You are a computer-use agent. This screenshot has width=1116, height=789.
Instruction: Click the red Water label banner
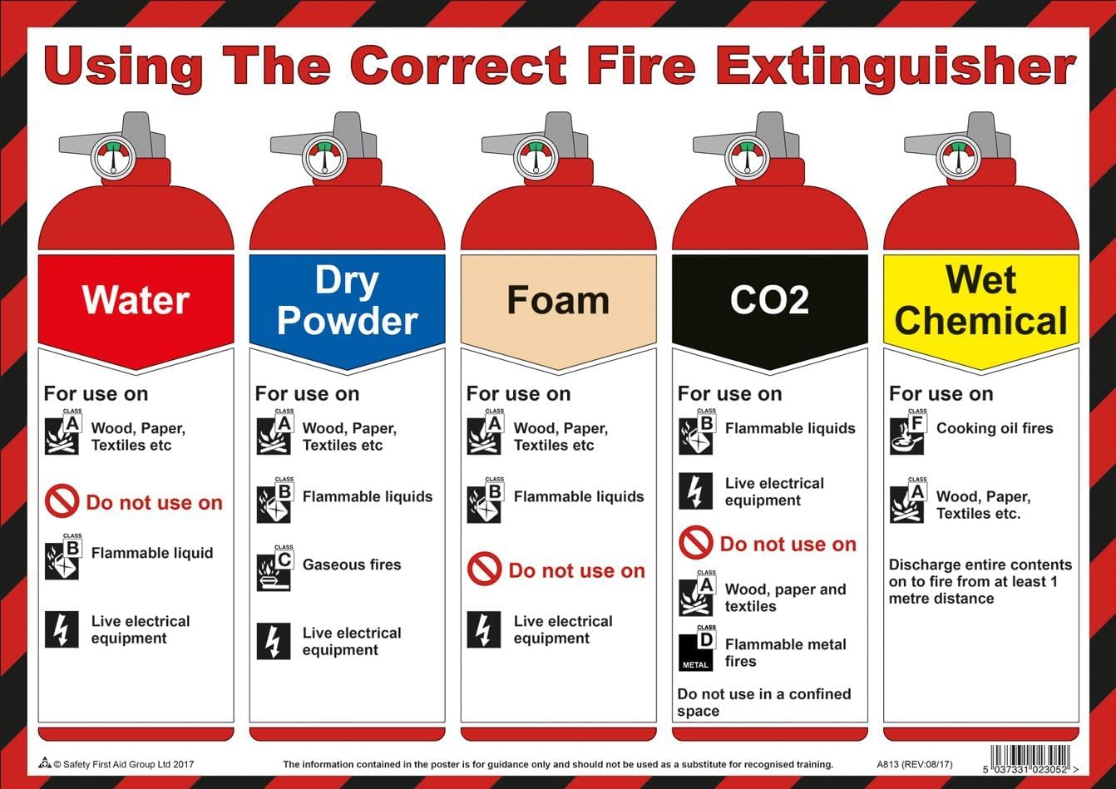click(136, 300)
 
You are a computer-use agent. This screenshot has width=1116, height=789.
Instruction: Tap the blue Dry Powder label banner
click(347, 301)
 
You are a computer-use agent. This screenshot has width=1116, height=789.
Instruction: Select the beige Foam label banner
click(558, 301)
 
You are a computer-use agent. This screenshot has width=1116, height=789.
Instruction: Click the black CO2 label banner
click(769, 300)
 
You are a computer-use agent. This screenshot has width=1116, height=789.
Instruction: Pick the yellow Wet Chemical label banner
click(981, 301)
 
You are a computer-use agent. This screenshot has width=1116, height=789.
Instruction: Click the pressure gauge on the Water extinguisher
click(112, 157)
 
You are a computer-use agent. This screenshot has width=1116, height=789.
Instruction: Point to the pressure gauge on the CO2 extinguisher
click(746, 157)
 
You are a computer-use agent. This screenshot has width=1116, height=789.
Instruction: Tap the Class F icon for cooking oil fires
click(906, 434)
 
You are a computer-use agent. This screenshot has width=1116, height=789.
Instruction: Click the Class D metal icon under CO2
click(696, 651)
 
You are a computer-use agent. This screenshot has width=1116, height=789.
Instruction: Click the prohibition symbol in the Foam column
click(484, 570)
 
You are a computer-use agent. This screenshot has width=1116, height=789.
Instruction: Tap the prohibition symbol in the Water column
click(62, 502)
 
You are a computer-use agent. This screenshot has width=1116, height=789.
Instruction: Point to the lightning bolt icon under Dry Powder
click(273, 641)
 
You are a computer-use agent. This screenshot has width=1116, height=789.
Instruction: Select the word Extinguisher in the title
click(896, 67)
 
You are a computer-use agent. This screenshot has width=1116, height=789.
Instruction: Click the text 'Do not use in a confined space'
click(763, 703)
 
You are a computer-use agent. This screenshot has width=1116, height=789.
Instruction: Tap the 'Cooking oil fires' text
click(995, 428)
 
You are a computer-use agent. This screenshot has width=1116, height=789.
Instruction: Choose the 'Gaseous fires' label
click(352, 565)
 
